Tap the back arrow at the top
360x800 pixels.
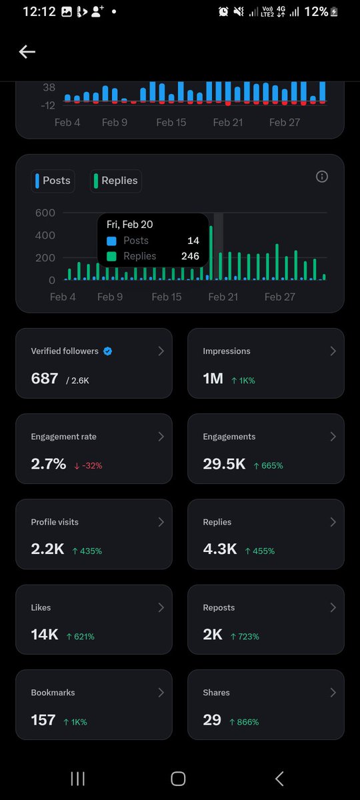[x=27, y=52]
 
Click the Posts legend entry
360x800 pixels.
[x=53, y=181]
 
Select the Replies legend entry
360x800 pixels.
[x=116, y=181]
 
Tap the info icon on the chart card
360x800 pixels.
[x=322, y=177]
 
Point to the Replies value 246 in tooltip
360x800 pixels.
[x=190, y=256]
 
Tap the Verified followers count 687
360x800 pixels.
[x=45, y=379]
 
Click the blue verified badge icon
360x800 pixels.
[x=108, y=351]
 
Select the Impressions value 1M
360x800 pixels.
[x=213, y=379]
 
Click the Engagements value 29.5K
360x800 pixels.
[x=224, y=464]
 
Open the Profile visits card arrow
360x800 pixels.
[x=161, y=522]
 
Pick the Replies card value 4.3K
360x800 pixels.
[x=219, y=549]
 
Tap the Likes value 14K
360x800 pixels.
[x=45, y=635]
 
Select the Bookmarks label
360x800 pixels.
[x=53, y=693]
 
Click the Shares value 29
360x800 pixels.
[x=212, y=720]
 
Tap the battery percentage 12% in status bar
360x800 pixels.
[x=316, y=11]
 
